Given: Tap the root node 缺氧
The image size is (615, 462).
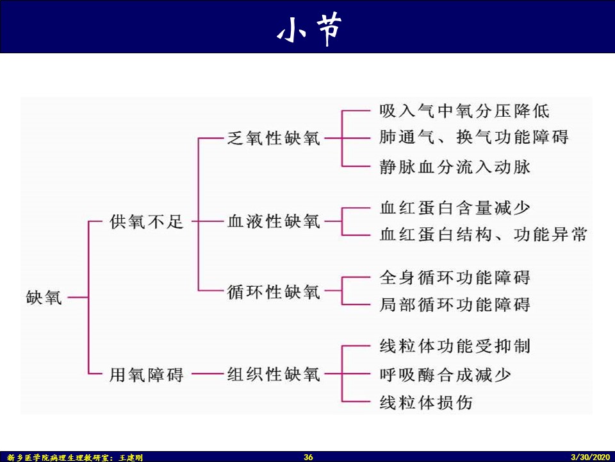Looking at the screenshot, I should tap(44, 298).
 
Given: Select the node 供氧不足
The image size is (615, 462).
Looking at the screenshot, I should tap(147, 223).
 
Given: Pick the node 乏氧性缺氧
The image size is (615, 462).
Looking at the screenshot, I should tap(274, 138).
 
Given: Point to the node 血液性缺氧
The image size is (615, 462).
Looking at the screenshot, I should tap(274, 223).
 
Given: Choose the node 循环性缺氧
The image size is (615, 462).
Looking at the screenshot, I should tap(274, 293).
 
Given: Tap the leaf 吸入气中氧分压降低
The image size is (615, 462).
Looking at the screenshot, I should tap(464, 110).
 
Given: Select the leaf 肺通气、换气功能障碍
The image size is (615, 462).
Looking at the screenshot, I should tap(473, 137).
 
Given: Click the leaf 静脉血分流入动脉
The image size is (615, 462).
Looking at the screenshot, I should tap(455, 167).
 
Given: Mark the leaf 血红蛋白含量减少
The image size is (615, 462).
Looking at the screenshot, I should tap(455, 208).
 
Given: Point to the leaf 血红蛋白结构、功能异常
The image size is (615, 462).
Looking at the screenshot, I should tap(483, 235).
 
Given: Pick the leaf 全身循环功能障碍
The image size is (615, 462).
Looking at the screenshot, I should tap(455, 278).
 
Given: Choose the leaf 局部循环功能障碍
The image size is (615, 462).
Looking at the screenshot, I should tap(455, 305).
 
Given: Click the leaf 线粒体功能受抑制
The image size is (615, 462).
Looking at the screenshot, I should tap(455, 346).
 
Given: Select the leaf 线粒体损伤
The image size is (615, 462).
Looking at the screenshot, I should tap(426, 402).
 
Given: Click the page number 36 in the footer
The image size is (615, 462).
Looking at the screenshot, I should tap(308, 458).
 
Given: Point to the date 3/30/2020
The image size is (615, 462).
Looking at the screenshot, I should tap(590, 458).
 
